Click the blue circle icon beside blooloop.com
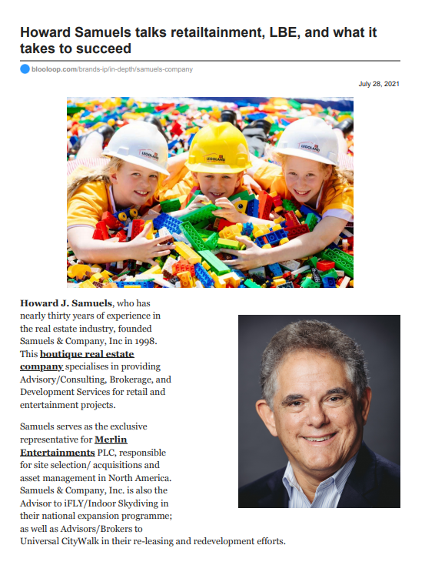25,69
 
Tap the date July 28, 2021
379,83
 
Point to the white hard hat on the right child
308,139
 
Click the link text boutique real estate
87,353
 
